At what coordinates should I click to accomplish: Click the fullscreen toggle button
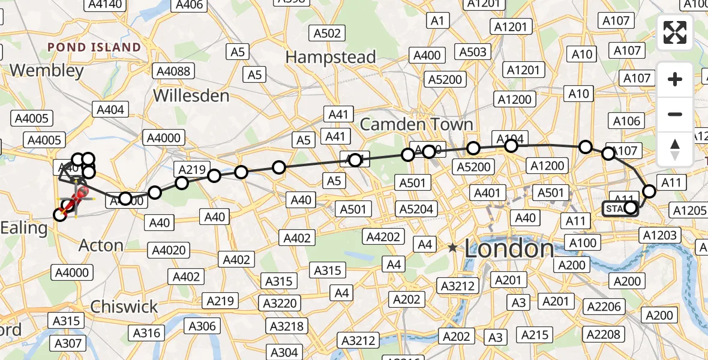675,32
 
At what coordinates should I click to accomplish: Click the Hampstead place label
331,58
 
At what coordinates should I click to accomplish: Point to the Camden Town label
416,125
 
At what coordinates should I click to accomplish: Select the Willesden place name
191,95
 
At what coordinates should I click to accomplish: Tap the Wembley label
47,71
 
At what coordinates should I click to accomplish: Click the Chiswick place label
124,307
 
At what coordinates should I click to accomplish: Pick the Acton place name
101,245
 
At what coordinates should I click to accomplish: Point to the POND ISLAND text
94,47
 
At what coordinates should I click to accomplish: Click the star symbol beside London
452,248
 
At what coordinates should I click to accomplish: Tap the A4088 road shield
173,71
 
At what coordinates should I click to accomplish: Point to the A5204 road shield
417,209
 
